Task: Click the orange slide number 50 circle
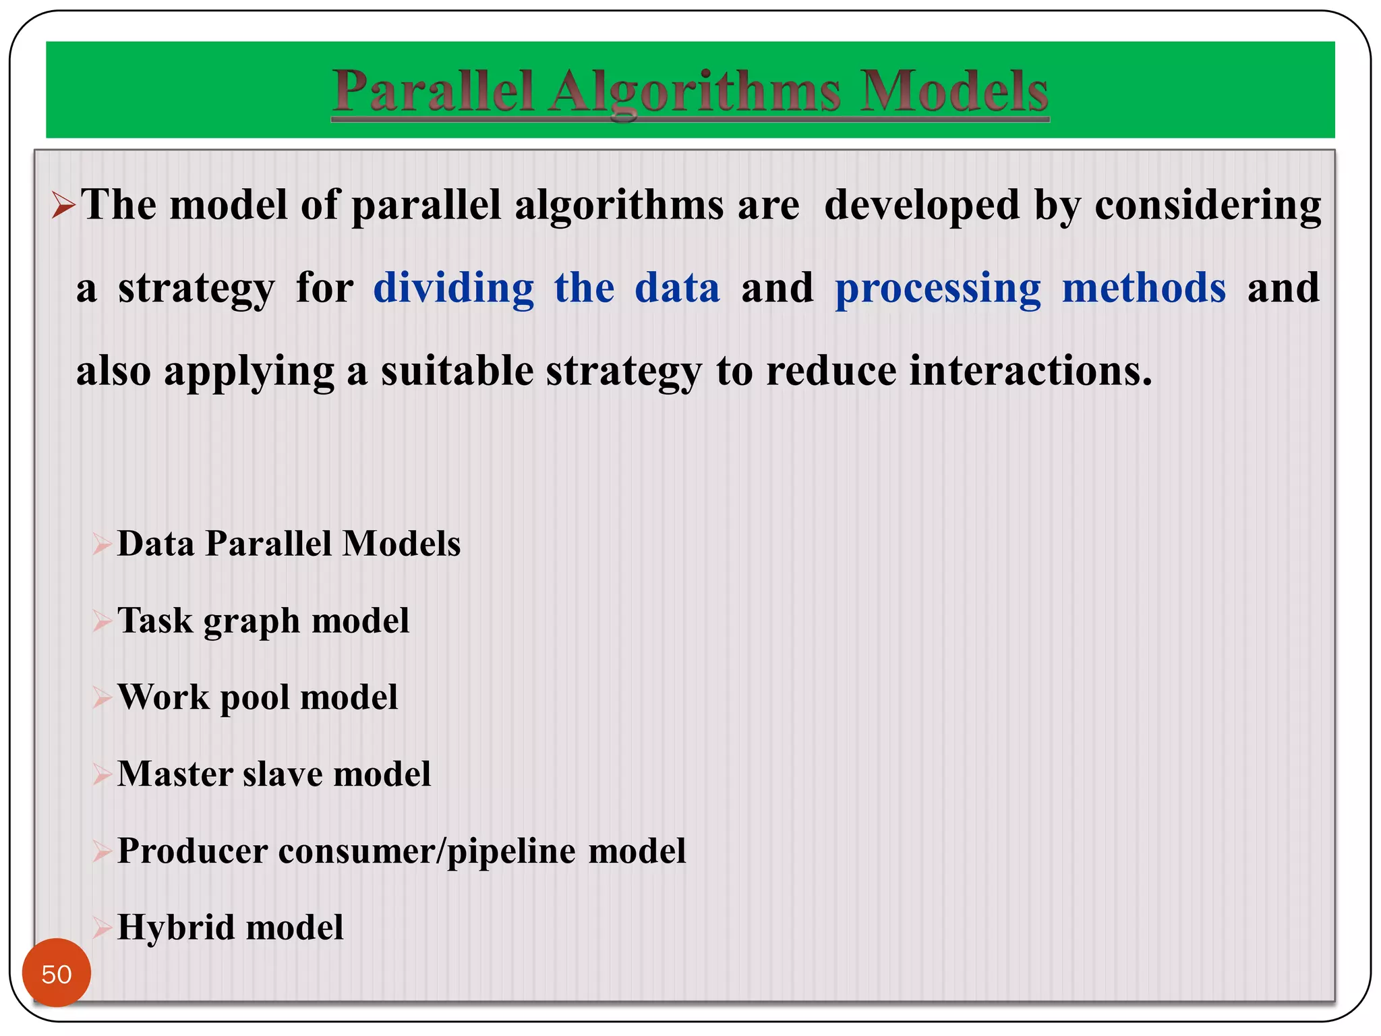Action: tap(57, 973)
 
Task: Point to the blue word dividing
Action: tap(453, 288)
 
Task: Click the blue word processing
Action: tap(938, 288)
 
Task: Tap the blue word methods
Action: tap(1144, 288)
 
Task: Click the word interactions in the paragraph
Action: tap(1026, 371)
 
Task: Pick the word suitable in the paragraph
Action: tap(457, 371)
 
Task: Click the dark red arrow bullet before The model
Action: tap(63, 205)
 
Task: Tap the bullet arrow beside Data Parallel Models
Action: tap(102, 544)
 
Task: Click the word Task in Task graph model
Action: tap(155, 621)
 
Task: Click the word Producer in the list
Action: tap(192, 851)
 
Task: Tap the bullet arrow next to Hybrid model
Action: tap(102, 928)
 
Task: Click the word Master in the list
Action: tap(175, 774)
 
